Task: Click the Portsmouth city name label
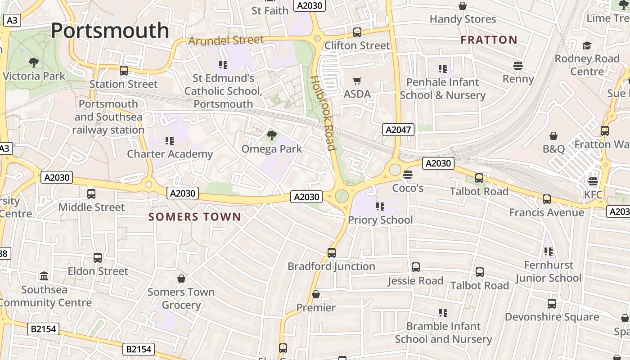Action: (110, 31)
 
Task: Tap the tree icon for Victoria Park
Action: (34, 63)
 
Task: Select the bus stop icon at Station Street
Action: (124, 71)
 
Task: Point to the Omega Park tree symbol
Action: (271, 135)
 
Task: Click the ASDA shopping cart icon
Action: (357, 81)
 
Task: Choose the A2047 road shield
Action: (398, 130)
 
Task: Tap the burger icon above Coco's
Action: (408, 174)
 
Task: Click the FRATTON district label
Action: (489, 40)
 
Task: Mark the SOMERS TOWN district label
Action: (195, 217)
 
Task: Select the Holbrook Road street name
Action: (323, 112)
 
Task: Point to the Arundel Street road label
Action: (226, 40)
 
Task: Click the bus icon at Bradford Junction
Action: (332, 253)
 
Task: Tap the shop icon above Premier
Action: (316, 294)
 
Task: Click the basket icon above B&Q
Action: (553, 136)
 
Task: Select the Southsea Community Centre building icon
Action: (44, 276)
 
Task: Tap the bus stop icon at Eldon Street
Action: (98, 258)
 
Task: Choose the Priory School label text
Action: (380, 220)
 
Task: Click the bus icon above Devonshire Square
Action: (552, 304)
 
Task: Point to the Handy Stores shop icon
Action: (462, 6)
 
